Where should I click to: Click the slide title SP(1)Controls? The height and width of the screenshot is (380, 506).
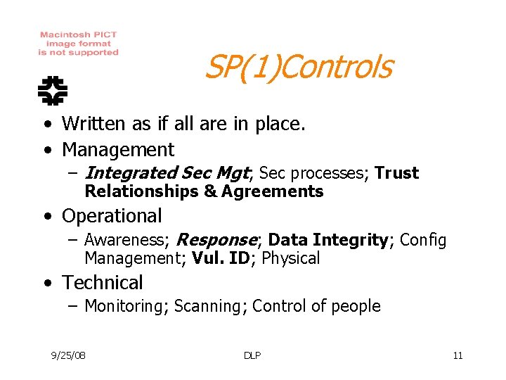click(297, 68)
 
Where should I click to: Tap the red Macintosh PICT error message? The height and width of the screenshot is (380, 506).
click(78, 44)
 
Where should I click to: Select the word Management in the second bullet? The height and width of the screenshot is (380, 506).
click(118, 150)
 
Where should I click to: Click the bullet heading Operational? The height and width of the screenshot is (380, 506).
click(112, 216)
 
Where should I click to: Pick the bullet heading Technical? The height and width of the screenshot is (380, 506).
click(103, 283)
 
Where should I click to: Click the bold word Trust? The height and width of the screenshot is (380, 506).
click(396, 173)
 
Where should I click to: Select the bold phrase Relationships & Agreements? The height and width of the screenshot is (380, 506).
click(204, 191)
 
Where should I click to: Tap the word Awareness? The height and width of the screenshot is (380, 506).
click(126, 240)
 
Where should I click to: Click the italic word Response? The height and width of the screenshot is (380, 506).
click(217, 240)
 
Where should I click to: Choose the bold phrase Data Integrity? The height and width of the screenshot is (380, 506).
click(327, 240)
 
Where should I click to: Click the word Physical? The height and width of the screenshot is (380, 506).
click(291, 258)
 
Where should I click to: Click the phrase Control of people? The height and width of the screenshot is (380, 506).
click(316, 306)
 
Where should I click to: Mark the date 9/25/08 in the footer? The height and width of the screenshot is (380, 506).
click(68, 355)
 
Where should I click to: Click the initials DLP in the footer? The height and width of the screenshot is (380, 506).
click(252, 355)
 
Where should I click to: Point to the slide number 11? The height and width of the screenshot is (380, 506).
click(458, 355)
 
